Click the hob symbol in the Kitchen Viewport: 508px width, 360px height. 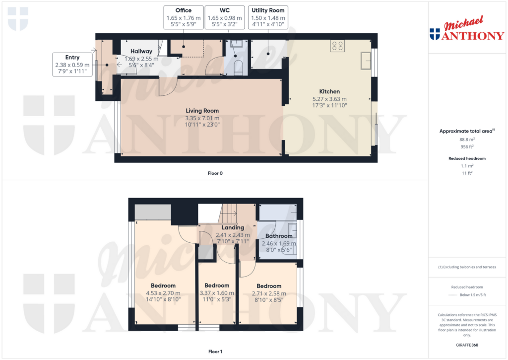tap(337, 46)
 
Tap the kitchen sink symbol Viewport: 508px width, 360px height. tap(366, 61)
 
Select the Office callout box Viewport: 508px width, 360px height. tap(184, 17)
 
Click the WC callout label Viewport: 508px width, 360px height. tap(225, 10)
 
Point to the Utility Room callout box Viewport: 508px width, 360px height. tap(268, 17)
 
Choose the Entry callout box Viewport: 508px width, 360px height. tap(72, 65)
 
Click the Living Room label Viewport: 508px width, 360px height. tap(202, 111)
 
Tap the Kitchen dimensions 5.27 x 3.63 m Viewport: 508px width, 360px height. tap(329, 99)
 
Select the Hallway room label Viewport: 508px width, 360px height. tap(141, 51)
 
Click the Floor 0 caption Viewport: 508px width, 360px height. tap(215, 173)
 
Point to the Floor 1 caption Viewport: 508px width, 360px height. tap(215, 352)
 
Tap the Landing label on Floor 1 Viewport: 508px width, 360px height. tap(233, 228)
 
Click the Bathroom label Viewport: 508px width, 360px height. tap(279, 236)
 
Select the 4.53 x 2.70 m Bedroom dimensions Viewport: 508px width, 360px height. tap(163, 293)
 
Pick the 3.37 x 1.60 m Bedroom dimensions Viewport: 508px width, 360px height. tap(217, 293)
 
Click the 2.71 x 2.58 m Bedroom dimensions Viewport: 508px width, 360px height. tap(269, 293)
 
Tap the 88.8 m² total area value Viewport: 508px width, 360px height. tap(467, 140)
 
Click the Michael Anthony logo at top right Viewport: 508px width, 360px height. tap(467, 28)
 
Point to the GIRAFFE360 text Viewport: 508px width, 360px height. tap(467, 345)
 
